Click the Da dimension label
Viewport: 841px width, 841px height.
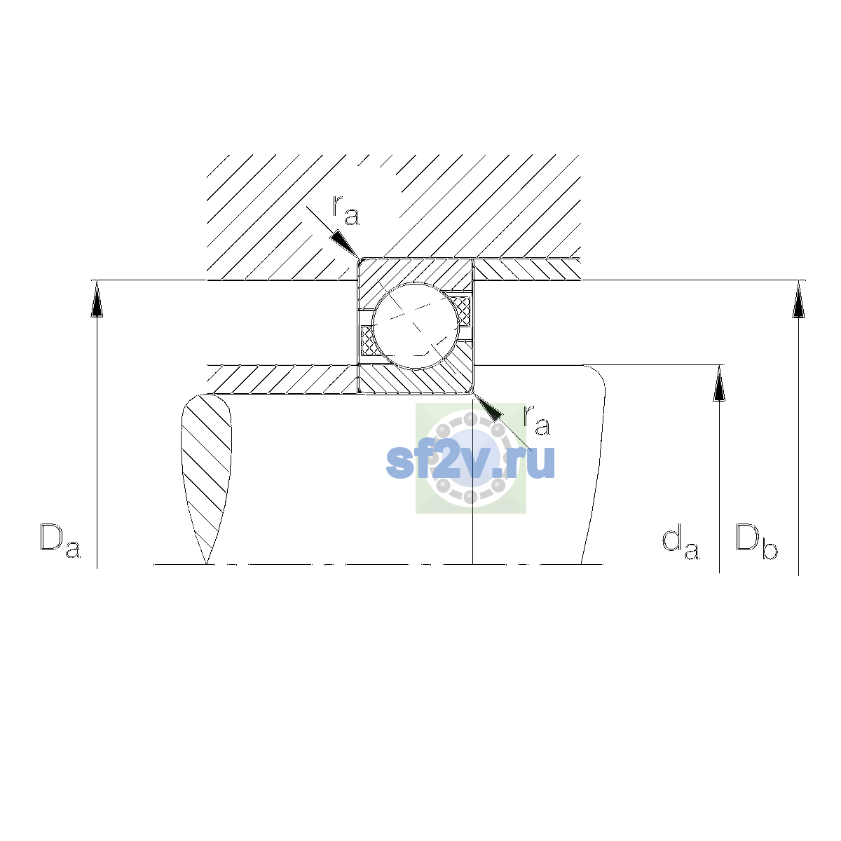point(60,541)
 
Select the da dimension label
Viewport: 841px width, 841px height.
point(681,544)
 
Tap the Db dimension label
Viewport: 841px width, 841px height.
point(756,541)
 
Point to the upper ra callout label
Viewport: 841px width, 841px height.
point(346,211)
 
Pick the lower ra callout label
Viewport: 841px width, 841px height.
point(537,420)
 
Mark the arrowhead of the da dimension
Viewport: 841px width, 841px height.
point(719,383)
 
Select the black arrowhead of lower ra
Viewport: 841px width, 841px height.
point(488,407)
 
